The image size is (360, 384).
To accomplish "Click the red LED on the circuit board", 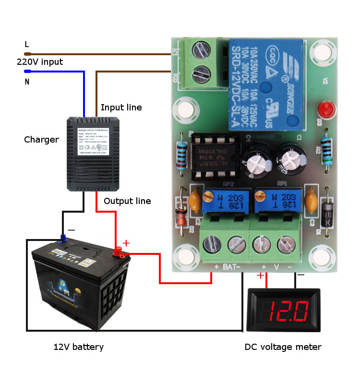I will click(327, 108).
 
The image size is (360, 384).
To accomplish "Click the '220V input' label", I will click(40, 62).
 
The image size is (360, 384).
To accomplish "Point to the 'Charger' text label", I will click(41, 140).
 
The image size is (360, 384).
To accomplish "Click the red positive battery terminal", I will click(118, 251).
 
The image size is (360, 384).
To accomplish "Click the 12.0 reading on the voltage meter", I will click(288, 311).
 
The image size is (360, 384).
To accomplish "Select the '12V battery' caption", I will click(78, 347).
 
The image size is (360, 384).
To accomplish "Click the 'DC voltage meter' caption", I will click(283, 347).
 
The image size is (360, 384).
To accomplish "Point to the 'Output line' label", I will click(127, 201).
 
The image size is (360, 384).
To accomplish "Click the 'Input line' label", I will click(121, 107).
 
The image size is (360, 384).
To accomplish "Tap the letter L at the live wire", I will click(27, 44).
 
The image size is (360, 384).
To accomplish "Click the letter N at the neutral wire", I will click(27, 82).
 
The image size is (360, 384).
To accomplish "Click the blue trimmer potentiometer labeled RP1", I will click(273, 201).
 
